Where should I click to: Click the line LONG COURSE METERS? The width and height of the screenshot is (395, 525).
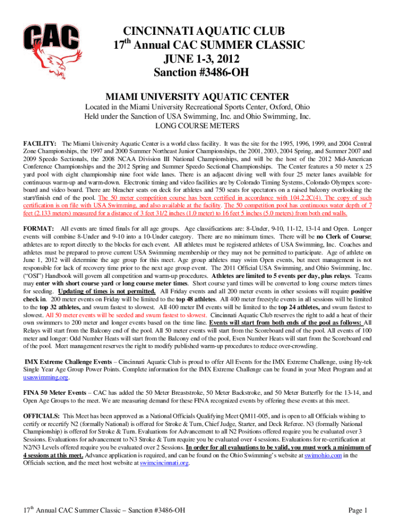[197, 126]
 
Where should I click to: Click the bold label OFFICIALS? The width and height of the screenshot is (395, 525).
[42, 415]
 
